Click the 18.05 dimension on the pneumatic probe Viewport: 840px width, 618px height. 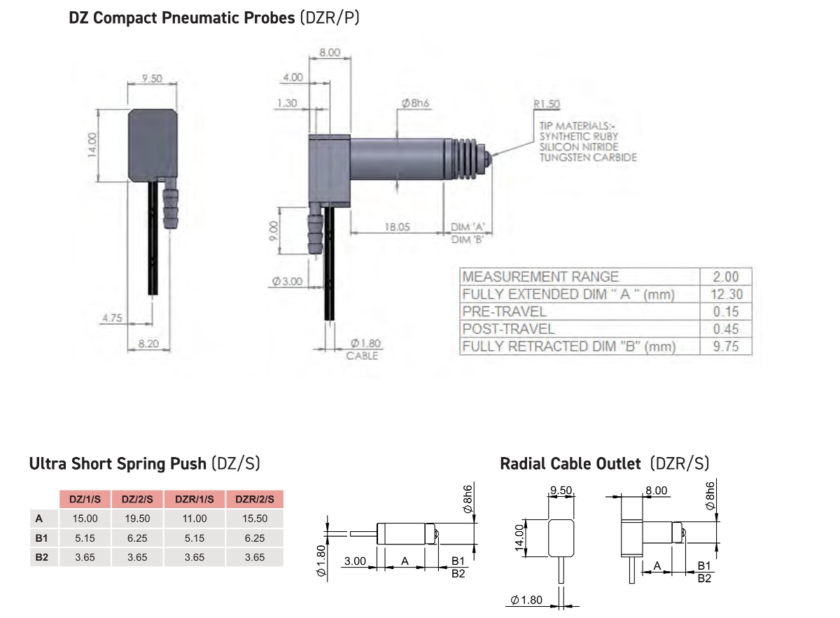pos(397,227)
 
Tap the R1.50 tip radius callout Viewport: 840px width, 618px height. pos(547,104)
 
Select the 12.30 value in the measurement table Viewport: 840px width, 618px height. pos(727,294)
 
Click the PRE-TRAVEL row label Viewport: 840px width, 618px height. pos(505,311)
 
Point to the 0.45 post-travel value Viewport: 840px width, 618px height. pos(726,329)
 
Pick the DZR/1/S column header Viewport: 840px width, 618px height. pos(195,499)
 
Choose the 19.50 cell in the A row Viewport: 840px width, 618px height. pos(137,518)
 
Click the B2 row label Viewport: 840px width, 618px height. pos(41,557)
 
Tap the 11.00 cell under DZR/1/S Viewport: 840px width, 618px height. pos(195,518)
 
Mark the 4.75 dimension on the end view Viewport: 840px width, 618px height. pos(112,318)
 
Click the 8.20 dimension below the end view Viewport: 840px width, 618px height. pos(148,344)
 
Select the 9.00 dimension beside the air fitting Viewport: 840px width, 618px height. pos(274,231)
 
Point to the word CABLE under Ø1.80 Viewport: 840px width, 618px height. pos(362,356)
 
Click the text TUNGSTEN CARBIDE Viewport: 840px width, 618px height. pos(588,157)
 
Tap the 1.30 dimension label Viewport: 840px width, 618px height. pos(287,103)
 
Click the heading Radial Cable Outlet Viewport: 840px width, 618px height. pos(570,464)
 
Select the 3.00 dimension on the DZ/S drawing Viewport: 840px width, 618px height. pos(355,561)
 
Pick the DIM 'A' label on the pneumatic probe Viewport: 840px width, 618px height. pos(468,227)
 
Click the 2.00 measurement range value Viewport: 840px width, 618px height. pos(726,276)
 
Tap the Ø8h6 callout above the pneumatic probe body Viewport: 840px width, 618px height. pos(415,103)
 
